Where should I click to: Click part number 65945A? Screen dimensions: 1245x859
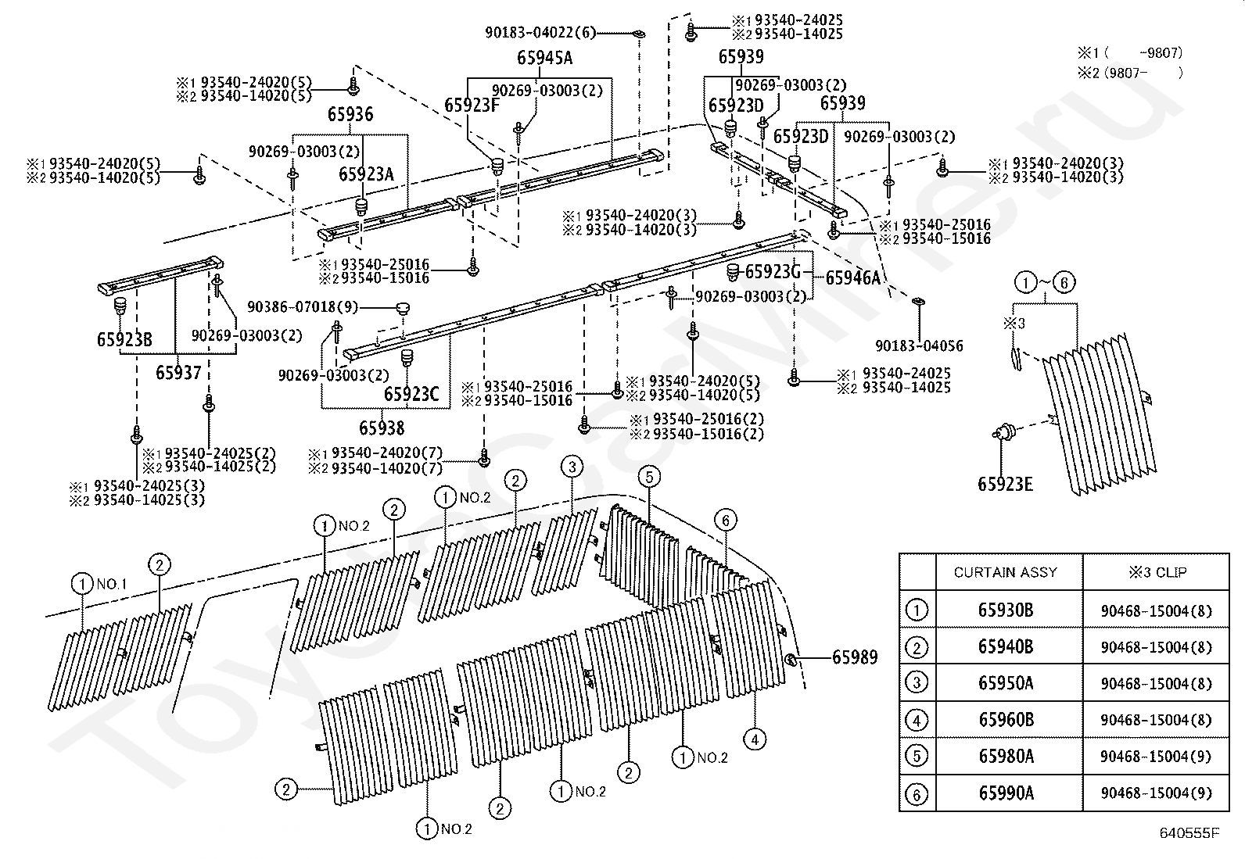pos(544,58)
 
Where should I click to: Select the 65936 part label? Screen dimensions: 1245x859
pos(350,114)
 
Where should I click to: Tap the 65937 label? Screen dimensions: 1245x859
pos(178,373)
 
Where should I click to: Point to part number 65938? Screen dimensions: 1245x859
pos(382,428)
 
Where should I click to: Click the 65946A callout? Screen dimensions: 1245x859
pos(853,277)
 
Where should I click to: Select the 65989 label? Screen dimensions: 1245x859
pos(855,657)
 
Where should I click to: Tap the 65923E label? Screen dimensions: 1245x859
pos(1006,485)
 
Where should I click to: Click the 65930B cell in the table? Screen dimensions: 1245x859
pos(1006,610)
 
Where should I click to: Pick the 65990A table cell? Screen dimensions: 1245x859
pos(1006,793)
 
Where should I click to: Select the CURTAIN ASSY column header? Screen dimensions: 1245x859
pos(1006,572)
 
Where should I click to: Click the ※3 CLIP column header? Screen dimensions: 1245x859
pos(1157,572)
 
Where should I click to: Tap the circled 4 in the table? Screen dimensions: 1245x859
pos(917,721)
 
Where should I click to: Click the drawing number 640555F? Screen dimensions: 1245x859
pos(1189,833)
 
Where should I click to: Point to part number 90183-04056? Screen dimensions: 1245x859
pos(920,346)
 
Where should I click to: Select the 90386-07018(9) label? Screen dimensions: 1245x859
pos(303,306)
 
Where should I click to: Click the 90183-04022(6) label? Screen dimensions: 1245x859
pos(540,33)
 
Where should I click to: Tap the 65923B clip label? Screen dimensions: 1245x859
pos(124,339)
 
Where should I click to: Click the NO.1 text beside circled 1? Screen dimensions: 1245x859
pos(112,584)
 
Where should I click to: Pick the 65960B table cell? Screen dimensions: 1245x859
pos(1006,720)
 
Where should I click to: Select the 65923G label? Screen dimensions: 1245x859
pos(773,272)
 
